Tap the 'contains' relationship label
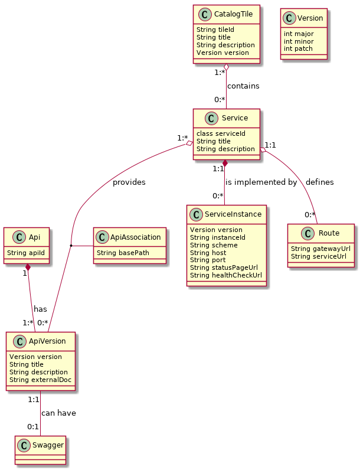coord(243,86)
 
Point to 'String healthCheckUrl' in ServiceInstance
coord(225,275)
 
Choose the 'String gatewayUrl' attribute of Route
coord(320,249)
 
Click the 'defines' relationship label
coord(319,182)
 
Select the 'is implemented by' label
coord(261,182)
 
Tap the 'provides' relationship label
coord(129,182)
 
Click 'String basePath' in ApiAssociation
coord(122,253)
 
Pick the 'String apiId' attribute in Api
coord(26,253)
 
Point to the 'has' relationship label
coord(40,309)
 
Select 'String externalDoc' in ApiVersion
coord(40,380)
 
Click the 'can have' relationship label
coord(58,413)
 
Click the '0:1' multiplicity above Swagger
coord(33,427)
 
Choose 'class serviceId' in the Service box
coord(221,133)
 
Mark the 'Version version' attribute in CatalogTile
coord(222,53)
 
